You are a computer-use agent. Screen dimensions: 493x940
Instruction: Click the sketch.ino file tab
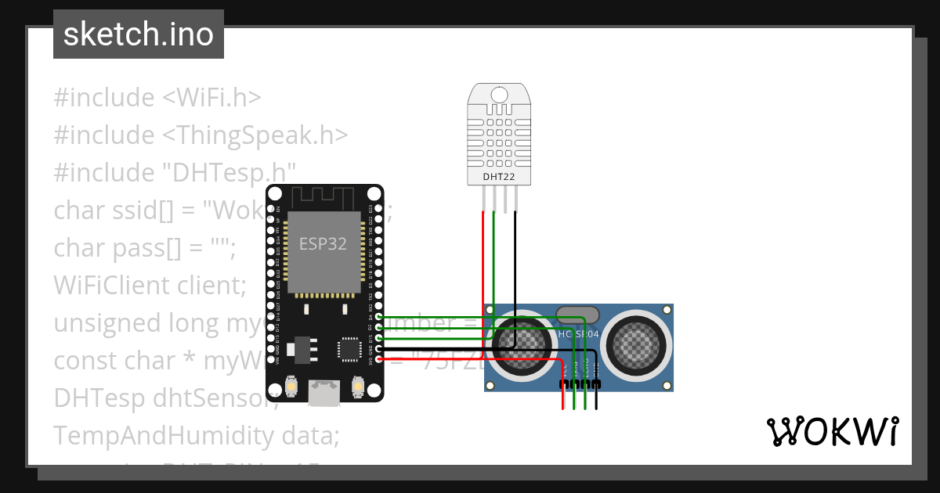tap(139, 35)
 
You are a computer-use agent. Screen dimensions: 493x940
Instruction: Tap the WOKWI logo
tap(832, 432)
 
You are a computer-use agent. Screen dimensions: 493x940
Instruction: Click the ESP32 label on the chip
tap(323, 243)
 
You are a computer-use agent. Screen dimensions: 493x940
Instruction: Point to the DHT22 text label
tap(498, 177)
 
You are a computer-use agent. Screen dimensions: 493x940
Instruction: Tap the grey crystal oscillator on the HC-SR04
tap(577, 315)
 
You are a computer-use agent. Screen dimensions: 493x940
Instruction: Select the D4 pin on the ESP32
tap(379, 318)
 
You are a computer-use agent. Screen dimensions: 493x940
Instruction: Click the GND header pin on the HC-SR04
tap(597, 384)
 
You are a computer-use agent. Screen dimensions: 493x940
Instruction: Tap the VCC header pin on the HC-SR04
tap(562, 384)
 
